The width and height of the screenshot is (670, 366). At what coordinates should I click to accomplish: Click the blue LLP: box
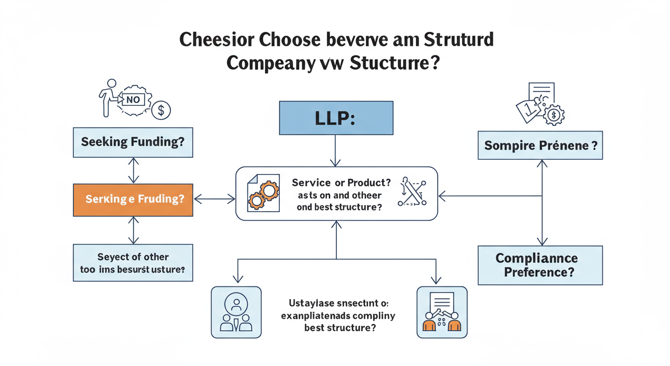pos(335,118)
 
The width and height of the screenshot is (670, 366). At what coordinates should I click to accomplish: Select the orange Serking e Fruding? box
pos(133,200)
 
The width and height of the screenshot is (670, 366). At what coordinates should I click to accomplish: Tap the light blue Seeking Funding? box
pos(133,142)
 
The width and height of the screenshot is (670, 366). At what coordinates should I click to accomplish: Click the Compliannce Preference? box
pos(540,265)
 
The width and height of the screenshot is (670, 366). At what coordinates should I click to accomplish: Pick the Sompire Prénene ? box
pos(540,145)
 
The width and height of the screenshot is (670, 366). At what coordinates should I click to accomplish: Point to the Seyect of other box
pos(133,263)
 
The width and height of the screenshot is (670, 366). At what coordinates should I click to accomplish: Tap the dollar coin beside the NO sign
pos(161,111)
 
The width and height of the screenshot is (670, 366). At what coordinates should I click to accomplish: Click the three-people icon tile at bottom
pos(236,312)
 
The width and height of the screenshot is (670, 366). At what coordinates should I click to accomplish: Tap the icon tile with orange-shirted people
pos(442,312)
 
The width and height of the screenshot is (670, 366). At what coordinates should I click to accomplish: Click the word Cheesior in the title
pos(217,40)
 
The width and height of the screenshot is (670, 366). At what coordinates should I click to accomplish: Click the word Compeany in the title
pos(269,63)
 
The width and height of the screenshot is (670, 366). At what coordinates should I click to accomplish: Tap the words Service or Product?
pos(341,183)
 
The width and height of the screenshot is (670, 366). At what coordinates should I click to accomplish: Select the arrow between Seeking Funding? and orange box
pos(134,171)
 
